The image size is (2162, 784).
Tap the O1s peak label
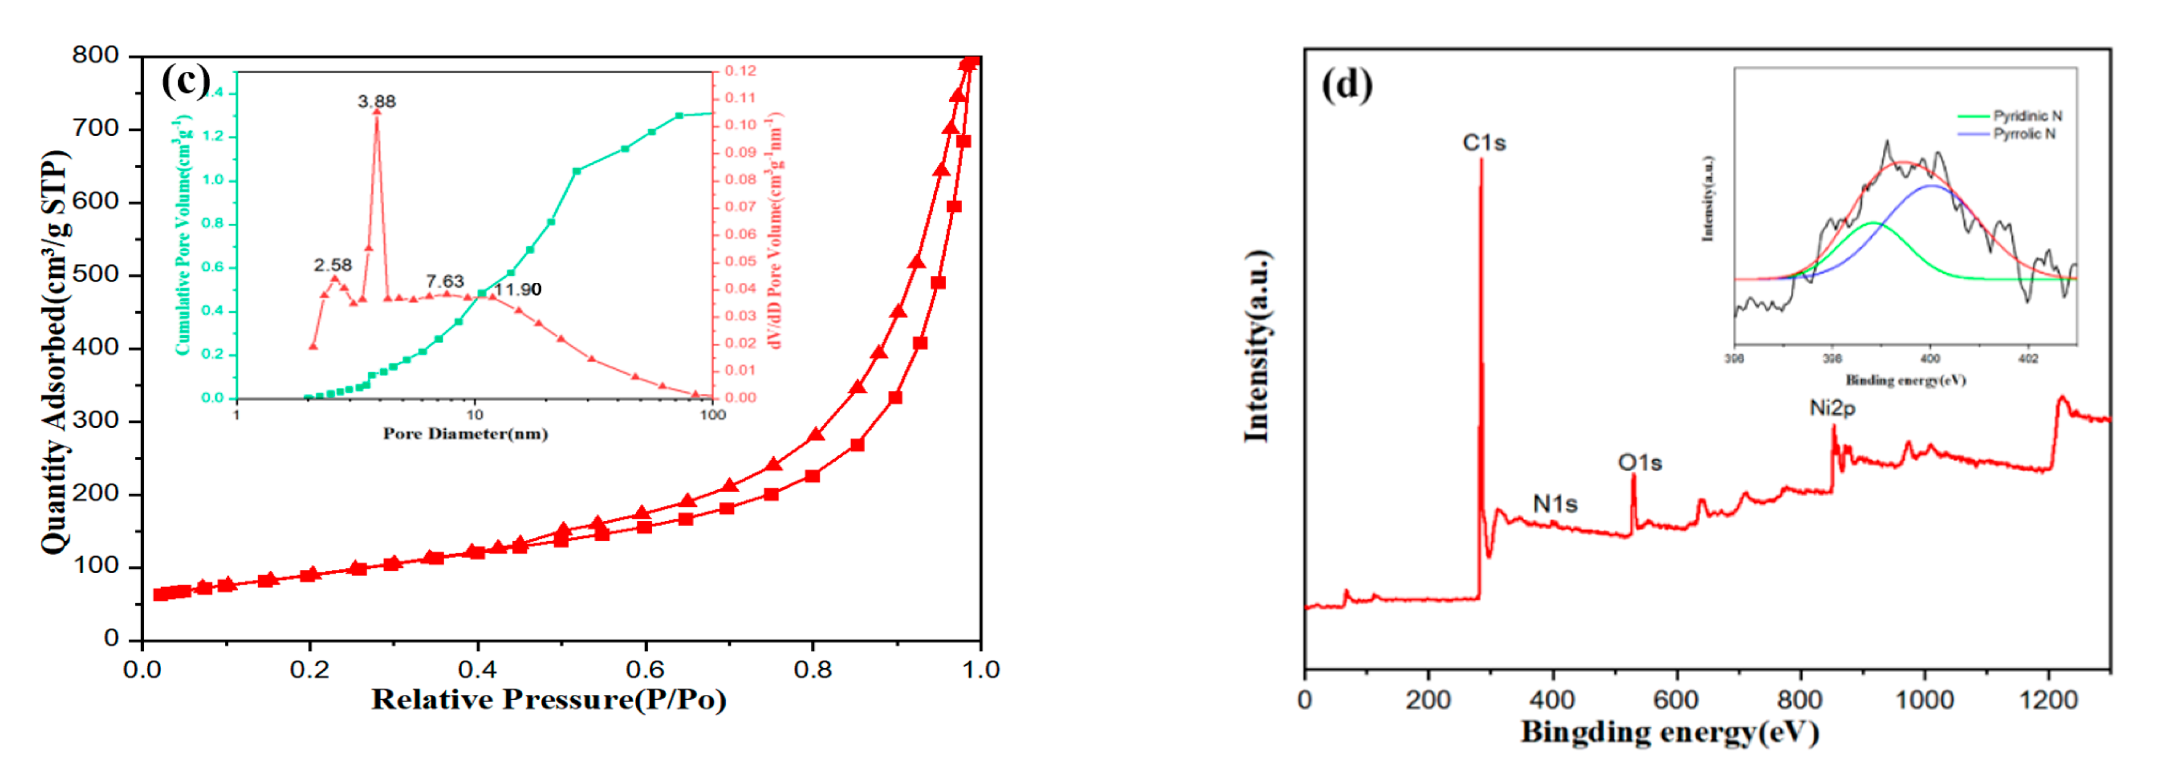tap(1639, 462)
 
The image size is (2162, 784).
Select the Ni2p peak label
tap(1831, 408)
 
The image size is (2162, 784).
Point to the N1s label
tap(1554, 504)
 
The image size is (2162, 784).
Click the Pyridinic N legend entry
tap(2027, 116)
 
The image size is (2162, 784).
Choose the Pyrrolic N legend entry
tap(2024, 134)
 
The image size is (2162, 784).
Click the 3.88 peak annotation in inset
tap(376, 101)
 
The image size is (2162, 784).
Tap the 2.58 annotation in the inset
tap(332, 265)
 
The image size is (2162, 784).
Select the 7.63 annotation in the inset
tap(444, 281)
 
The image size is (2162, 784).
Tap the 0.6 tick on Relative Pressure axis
tap(645, 670)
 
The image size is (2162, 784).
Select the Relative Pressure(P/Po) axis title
tap(549, 700)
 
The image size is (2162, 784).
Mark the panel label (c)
tap(186, 81)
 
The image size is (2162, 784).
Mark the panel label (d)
tap(1346, 85)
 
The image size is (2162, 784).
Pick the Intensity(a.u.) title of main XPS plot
tap(1256, 346)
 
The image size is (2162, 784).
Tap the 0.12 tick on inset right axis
tap(741, 71)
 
